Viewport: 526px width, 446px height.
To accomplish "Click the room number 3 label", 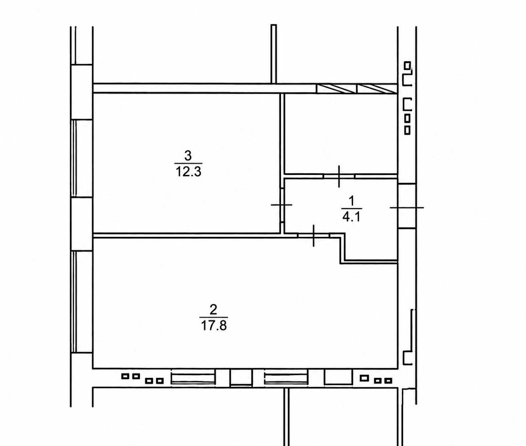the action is [x=188, y=155].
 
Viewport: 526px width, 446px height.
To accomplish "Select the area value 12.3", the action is [x=188, y=172].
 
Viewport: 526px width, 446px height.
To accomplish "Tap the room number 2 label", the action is [x=213, y=309].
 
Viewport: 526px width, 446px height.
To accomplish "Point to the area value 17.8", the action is [x=214, y=325].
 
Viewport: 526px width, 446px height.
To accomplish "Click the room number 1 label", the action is [x=351, y=201].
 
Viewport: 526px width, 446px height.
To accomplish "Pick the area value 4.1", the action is [x=351, y=217].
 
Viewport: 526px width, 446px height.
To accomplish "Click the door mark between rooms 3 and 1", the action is [x=281, y=205].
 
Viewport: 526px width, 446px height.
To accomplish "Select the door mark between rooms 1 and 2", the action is [x=314, y=236].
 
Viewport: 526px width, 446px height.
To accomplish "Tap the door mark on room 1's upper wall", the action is [x=339, y=176].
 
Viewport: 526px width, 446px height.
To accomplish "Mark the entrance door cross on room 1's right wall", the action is [x=407, y=208].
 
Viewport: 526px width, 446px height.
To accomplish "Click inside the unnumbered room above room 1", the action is [x=341, y=134].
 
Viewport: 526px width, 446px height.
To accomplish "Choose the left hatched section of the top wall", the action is [x=336, y=88].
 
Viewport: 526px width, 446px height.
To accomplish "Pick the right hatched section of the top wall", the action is [x=377, y=88].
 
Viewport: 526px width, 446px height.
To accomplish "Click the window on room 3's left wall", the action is [x=74, y=158].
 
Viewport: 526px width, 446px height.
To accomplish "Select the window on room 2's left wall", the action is [x=74, y=302].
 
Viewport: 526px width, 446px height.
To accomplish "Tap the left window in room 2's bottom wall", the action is [x=193, y=379].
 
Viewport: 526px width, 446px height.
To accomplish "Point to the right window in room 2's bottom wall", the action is [x=286, y=379].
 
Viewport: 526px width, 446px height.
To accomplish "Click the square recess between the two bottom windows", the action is [x=241, y=378].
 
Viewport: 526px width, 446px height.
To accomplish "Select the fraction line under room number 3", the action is [x=188, y=163].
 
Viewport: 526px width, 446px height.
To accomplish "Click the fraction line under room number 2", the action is [x=214, y=317].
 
